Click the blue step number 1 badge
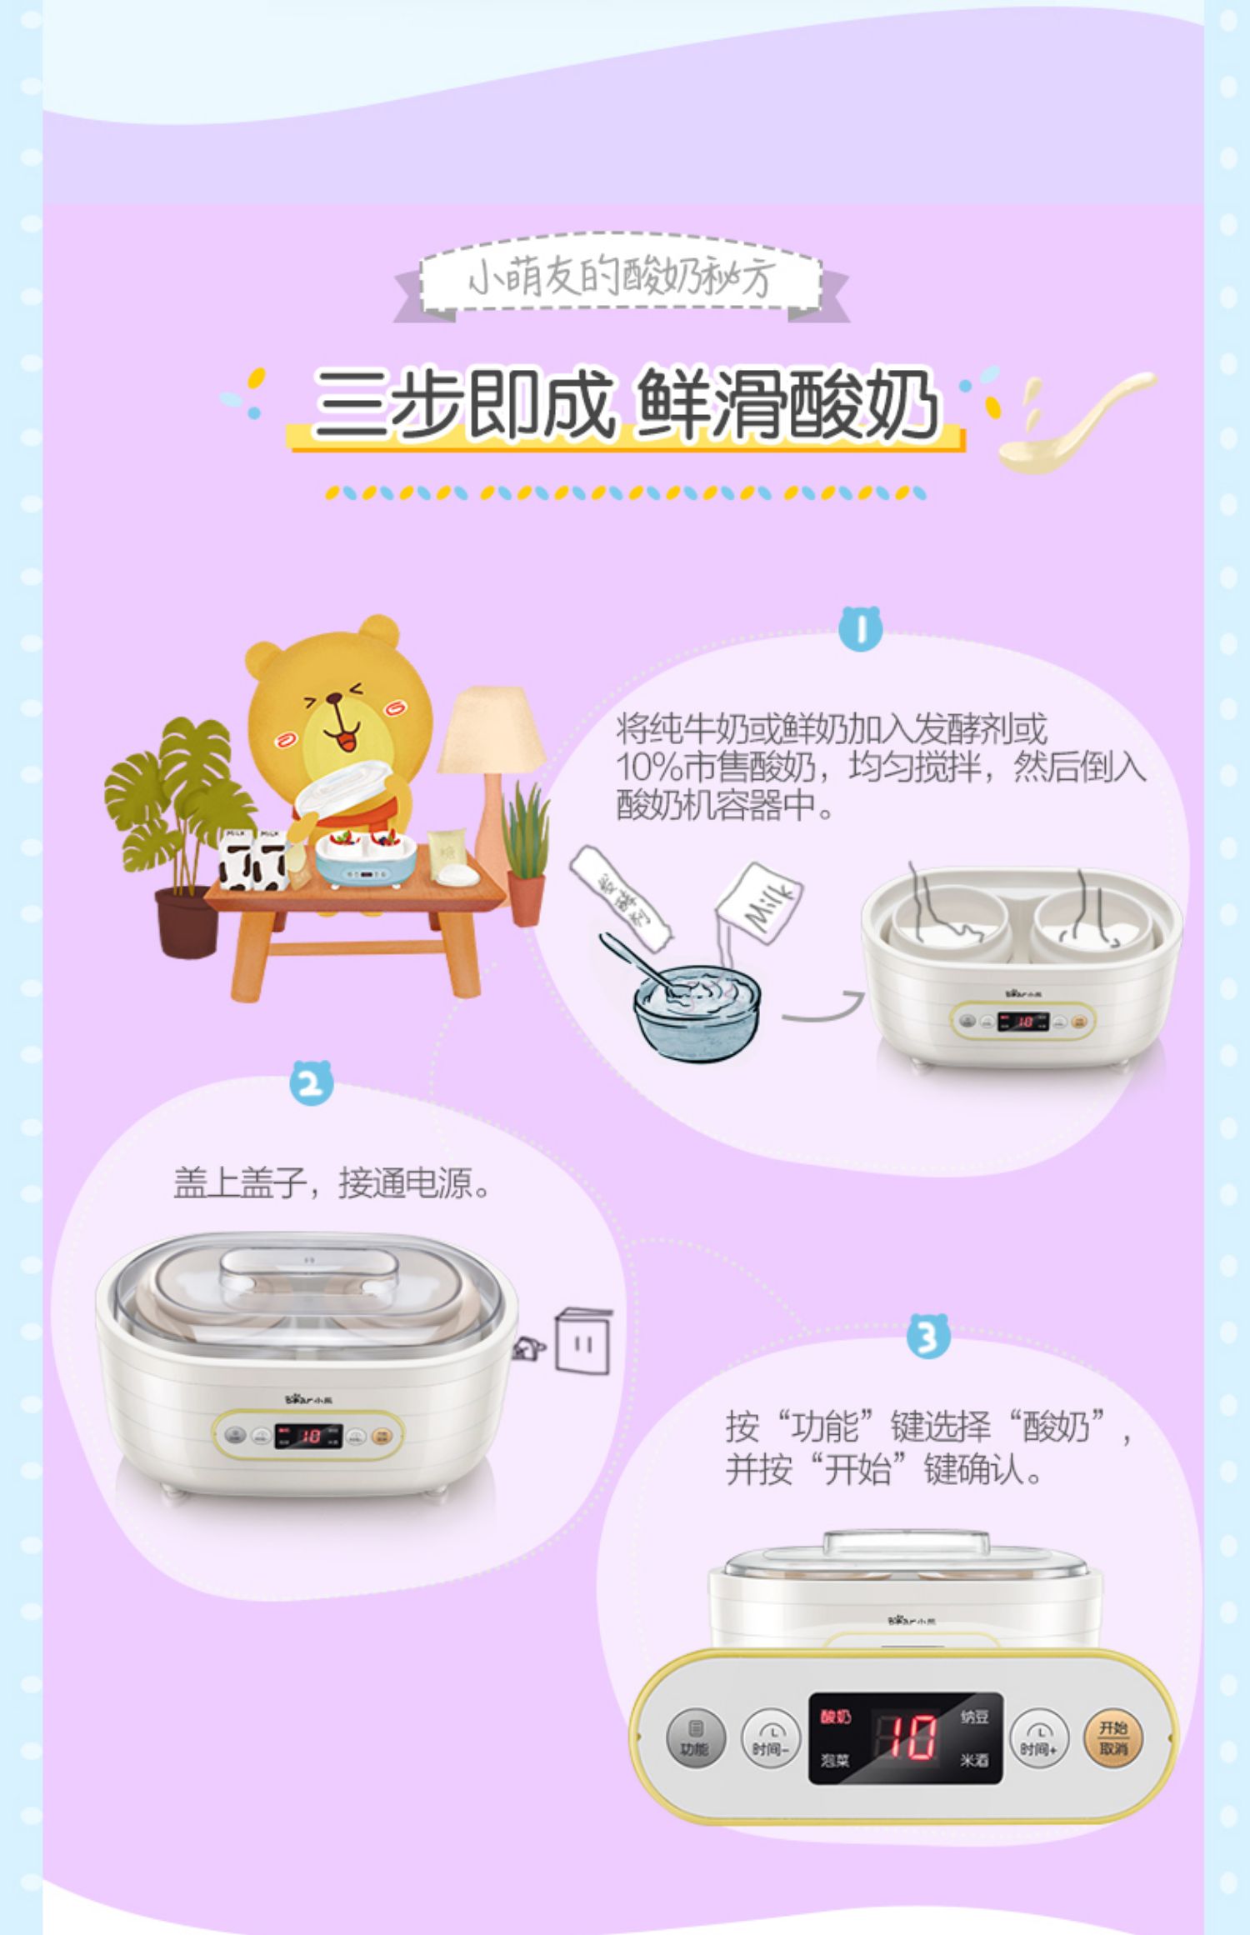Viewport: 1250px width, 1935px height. [861, 628]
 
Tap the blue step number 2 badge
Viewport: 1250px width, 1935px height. [311, 1082]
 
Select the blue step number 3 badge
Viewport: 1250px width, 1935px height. [928, 1336]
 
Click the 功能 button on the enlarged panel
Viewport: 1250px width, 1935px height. [695, 1738]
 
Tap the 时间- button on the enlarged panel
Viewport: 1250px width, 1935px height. [770, 1738]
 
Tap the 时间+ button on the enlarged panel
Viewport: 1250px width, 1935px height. [1037, 1738]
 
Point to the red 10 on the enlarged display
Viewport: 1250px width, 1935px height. [907, 1738]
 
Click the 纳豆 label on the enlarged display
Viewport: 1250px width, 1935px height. [974, 1716]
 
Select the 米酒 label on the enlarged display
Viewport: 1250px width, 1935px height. [974, 1761]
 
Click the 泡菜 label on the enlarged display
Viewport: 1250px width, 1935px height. [834, 1761]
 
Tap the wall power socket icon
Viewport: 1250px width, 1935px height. [582, 1342]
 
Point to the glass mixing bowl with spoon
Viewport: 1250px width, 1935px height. [697, 1009]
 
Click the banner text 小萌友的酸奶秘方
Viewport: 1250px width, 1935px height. [621, 277]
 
